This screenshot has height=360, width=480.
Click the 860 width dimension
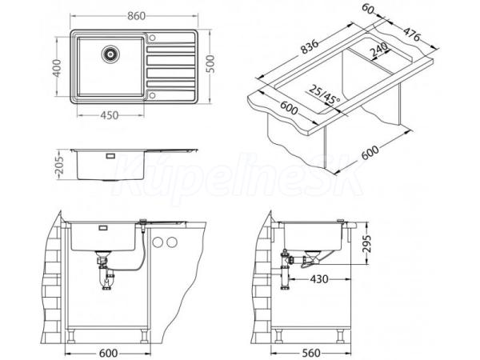tap(136, 16)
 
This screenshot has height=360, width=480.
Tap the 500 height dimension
tap(210, 64)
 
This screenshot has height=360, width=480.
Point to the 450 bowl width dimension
tap(110, 115)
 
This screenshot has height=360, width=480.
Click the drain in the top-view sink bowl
tap(110, 54)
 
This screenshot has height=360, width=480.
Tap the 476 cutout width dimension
tap(411, 34)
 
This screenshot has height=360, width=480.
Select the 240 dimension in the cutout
tap(378, 50)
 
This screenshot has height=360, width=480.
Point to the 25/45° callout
tap(324, 94)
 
